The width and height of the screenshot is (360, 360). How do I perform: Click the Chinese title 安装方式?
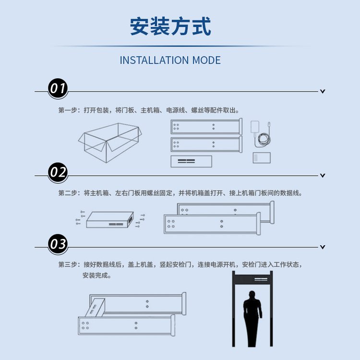coord(170,26)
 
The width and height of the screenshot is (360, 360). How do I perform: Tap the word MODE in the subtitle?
coord(206,60)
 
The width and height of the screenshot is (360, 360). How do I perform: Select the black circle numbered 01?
coord(58,88)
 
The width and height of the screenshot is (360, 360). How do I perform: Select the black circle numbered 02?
coord(58,172)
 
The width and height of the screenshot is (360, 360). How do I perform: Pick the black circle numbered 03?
coord(58,244)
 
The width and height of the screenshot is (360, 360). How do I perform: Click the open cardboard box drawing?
coord(110,143)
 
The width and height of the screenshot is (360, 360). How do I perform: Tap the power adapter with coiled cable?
coord(261,134)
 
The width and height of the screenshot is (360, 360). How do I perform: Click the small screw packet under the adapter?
coord(262,158)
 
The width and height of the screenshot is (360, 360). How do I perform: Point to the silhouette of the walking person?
coord(252,319)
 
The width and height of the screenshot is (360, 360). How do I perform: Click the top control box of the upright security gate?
coord(252,279)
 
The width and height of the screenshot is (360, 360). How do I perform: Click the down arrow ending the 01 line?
coord(323,91)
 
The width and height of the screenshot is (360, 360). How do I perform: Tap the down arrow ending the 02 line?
coord(323,176)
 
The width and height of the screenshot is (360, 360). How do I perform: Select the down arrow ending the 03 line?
coord(323,247)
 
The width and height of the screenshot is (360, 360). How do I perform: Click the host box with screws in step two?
coord(110,220)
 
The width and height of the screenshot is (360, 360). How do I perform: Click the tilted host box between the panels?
coord(95,307)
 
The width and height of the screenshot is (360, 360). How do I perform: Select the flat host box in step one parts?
coord(191,161)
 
